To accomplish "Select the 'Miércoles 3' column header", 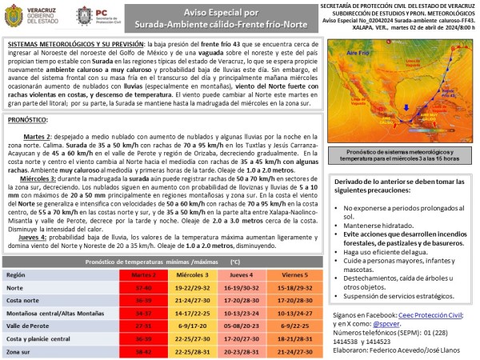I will coord(194,274).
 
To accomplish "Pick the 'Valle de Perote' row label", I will coord(30,326).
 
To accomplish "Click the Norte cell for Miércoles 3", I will coord(194,286).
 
